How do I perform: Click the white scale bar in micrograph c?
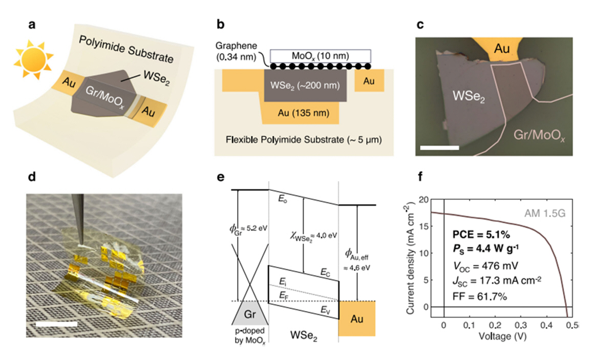coord(439,148)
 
